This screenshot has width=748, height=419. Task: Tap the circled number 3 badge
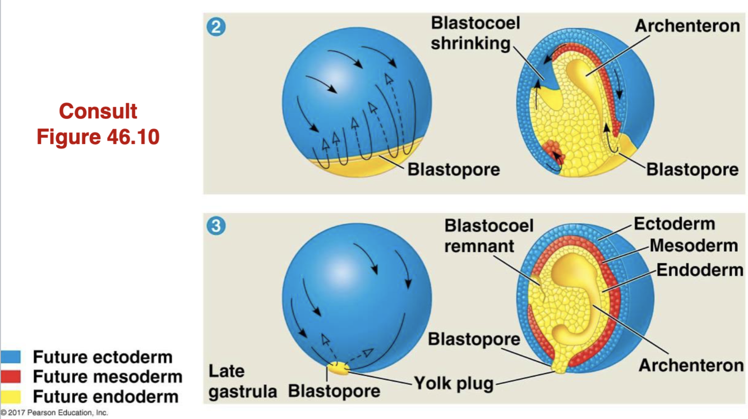(x=216, y=227)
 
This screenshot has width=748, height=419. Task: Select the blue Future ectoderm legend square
(x=11, y=357)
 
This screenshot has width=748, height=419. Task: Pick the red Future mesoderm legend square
(x=11, y=376)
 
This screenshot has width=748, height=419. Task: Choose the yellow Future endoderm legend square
(x=11, y=397)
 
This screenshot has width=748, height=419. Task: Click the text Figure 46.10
(x=98, y=136)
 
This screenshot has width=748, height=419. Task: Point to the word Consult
(x=98, y=111)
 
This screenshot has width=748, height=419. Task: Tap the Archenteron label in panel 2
(x=687, y=25)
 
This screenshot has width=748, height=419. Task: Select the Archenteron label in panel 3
(x=691, y=366)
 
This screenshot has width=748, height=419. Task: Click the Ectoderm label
(x=674, y=224)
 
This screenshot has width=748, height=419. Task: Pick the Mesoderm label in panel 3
(x=694, y=246)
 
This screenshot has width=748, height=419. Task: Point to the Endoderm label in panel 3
(x=700, y=270)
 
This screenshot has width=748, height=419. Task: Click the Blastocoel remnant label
(x=488, y=236)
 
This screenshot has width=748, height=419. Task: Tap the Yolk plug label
(x=454, y=384)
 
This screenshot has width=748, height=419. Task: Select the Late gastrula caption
(x=242, y=381)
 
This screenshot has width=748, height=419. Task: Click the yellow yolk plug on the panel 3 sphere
(x=337, y=369)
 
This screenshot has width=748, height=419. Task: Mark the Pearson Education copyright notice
(x=54, y=413)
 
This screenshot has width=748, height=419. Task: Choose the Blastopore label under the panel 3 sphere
(x=334, y=391)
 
